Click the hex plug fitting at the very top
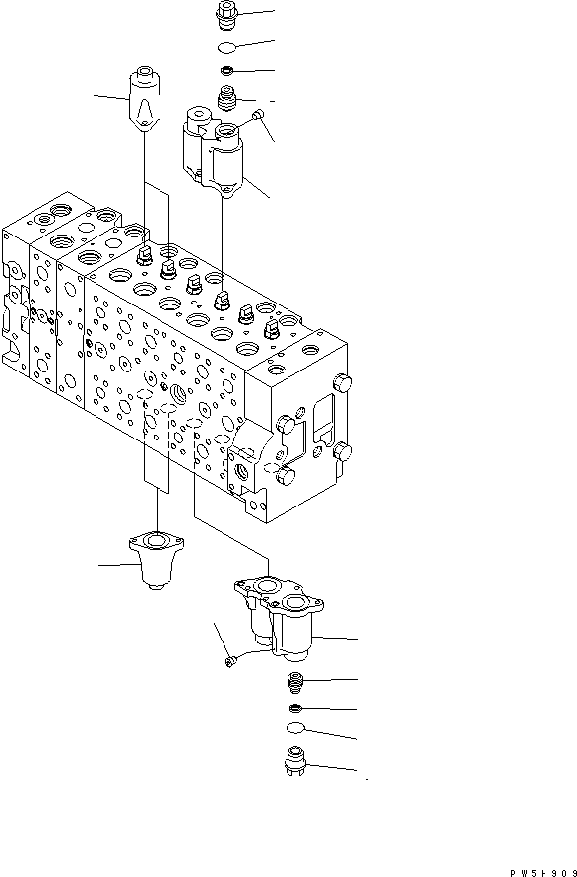click(x=224, y=16)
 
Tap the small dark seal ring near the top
click(x=225, y=71)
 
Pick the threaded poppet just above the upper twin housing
click(x=226, y=99)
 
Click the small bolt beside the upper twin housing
click(x=257, y=118)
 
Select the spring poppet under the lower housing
click(x=293, y=681)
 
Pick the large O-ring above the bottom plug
click(x=294, y=730)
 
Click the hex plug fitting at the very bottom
click(x=294, y=763)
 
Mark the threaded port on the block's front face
click(x=179, y=394)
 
